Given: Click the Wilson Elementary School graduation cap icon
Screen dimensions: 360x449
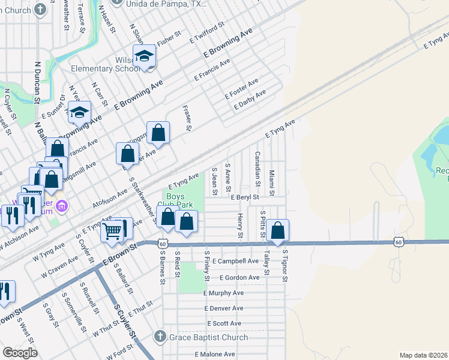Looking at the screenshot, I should tap(144, 57).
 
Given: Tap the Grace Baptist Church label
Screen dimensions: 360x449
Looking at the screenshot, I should tap(208, 337).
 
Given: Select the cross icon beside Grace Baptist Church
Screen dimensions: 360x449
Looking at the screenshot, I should tap(160, 336).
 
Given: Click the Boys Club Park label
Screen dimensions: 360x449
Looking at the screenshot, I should tap(175, 200).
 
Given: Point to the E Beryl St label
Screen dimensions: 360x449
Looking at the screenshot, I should tap(244, 197).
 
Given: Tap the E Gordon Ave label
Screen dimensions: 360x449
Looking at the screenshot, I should tap(240, 278).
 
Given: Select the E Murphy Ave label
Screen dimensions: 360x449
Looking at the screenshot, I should tap(223, 293).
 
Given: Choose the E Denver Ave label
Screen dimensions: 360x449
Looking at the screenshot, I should tap(223, 308).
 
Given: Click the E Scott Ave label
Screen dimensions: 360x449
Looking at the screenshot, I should tap(224, 323).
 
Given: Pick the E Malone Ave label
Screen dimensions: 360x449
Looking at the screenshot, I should tap(214, 354).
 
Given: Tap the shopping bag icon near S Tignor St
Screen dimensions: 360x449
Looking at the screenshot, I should tap(278, 230).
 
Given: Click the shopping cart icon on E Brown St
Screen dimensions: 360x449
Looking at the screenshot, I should tap(112, 230).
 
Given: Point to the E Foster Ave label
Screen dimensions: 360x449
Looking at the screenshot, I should tap(241, 89).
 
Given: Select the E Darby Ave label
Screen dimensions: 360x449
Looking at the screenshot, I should tap(250, 100).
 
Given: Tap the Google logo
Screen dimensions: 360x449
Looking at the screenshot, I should tap(19, 353).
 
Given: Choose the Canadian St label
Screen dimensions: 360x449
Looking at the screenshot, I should tap(257, 167).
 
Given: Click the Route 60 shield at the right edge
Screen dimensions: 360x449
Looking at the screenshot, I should tap(399, 242).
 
